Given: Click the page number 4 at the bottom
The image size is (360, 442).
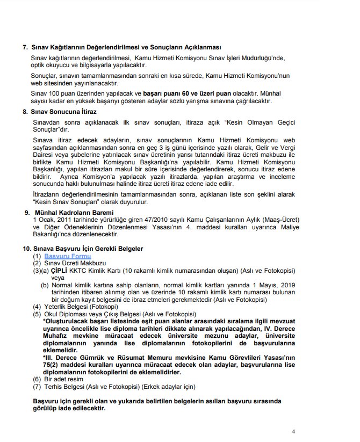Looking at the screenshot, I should point(293,431).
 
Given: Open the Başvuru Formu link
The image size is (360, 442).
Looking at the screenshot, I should point(67,257).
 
